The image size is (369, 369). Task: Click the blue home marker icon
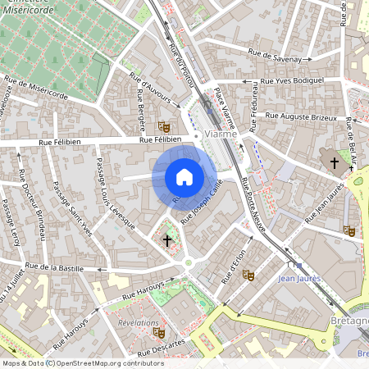tap(184, 177)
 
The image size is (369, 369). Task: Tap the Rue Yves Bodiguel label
tap(292, 81)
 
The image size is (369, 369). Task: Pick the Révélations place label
tap(138, 323)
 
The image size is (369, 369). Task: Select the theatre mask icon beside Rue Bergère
tap(163, 127)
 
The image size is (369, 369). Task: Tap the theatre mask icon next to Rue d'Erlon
tap(248, 275)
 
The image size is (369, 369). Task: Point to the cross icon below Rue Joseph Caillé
tap(168, 240)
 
